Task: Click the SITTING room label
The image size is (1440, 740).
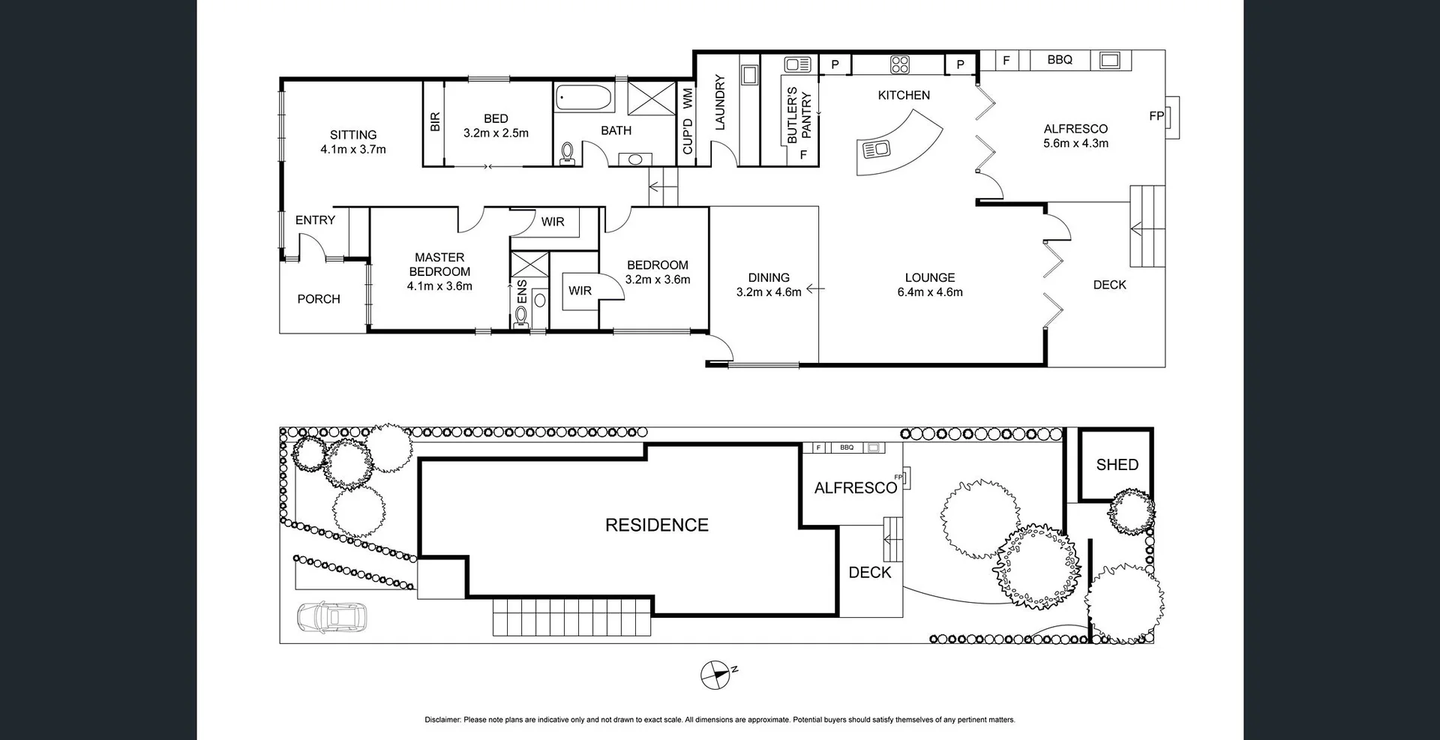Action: [x=352, y=135]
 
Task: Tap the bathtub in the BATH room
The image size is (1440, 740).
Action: [x=583, y=97]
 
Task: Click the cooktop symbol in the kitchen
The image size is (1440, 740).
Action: [x=900, y=64]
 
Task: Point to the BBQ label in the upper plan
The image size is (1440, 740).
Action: [x=1060, y=60]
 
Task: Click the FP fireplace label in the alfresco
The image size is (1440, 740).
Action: [x=1156, y=116]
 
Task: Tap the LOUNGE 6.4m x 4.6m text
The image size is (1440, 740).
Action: [x=930, y=285]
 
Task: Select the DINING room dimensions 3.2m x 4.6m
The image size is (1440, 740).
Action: [x=769, y=292]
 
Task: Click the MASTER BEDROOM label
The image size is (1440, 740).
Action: [x=439, y=265]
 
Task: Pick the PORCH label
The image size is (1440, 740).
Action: [x=319, y=299]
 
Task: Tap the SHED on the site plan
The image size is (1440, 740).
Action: [x=1117, y=465]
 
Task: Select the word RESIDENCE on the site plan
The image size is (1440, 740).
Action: [x=657, y=525]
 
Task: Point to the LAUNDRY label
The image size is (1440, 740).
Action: [x=720, y=103]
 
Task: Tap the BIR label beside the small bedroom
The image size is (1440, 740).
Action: [x=435, y=122]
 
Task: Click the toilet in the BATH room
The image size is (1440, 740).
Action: [x=568, y=153]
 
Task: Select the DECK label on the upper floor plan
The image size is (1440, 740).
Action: [x=1109, y=285]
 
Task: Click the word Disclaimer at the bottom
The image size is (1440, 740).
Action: [x=442, y=720]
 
